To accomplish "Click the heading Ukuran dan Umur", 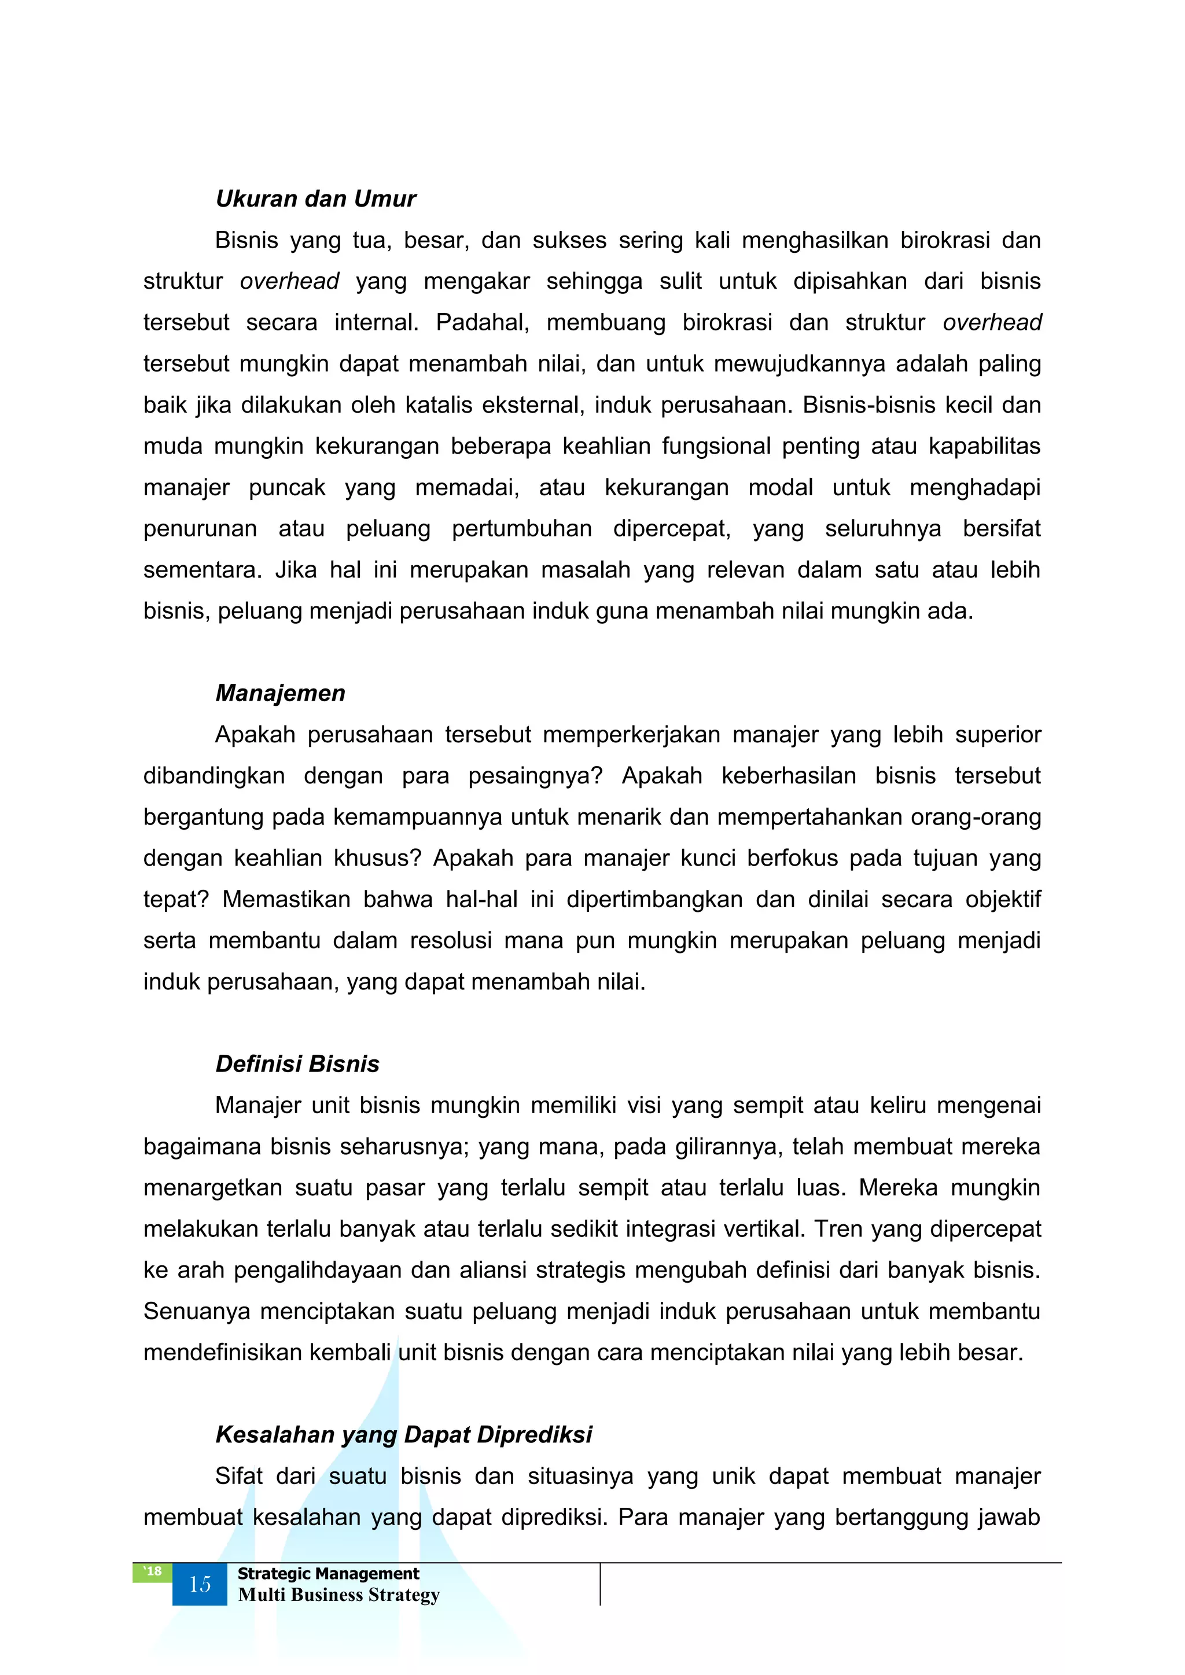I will coord(315,198).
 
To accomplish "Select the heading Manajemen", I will coord(280,693).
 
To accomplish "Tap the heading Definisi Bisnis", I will coord(297,1065).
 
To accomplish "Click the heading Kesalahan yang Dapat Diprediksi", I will coord(403,1435).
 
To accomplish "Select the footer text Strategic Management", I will coord(328,1574).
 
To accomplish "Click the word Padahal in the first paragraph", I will coord(481,322).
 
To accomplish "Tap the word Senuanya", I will coord(196,1312).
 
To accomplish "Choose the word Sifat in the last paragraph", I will coord(238,1477).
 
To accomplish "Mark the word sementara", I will coord(201,570).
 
